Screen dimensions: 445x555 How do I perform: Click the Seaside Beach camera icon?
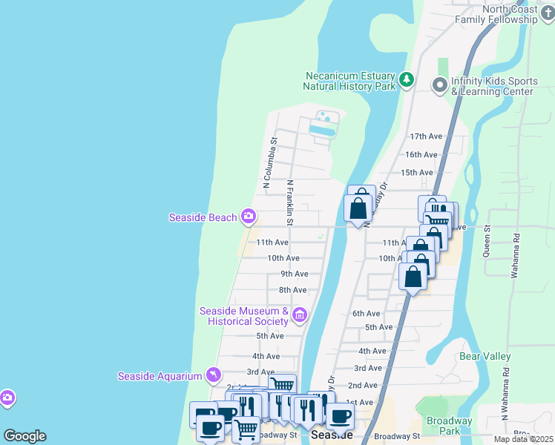249,217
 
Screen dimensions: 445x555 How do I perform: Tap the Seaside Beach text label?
203,217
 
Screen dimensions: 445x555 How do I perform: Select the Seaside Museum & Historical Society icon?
300,316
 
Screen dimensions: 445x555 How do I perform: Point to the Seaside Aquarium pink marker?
214,376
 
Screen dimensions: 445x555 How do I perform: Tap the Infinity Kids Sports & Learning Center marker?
440,86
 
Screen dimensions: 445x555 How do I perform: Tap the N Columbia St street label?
269,160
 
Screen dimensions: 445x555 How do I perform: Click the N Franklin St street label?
290,202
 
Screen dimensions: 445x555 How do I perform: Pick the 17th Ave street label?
426,136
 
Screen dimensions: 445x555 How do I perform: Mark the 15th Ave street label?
416,173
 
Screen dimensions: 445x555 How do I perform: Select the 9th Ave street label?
294,274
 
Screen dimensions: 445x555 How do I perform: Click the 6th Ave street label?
366,314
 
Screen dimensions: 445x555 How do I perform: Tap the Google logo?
24,436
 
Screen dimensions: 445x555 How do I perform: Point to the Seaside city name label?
332,435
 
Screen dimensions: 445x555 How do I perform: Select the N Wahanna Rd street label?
505,401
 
